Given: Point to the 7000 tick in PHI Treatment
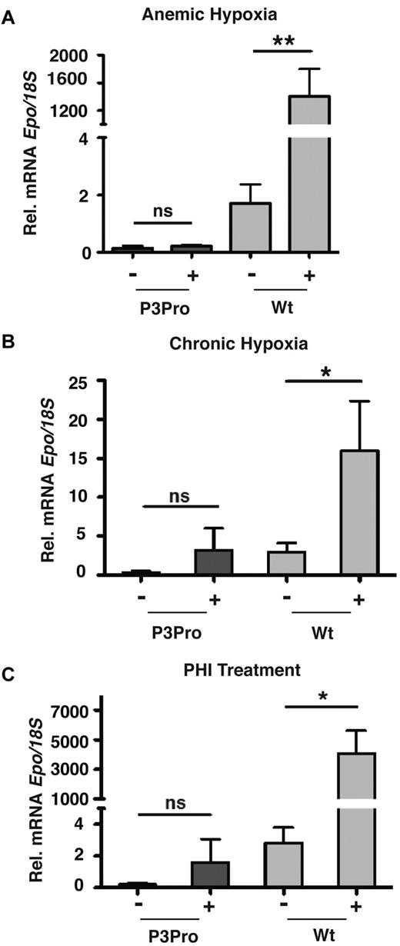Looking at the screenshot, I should pos(78,711).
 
